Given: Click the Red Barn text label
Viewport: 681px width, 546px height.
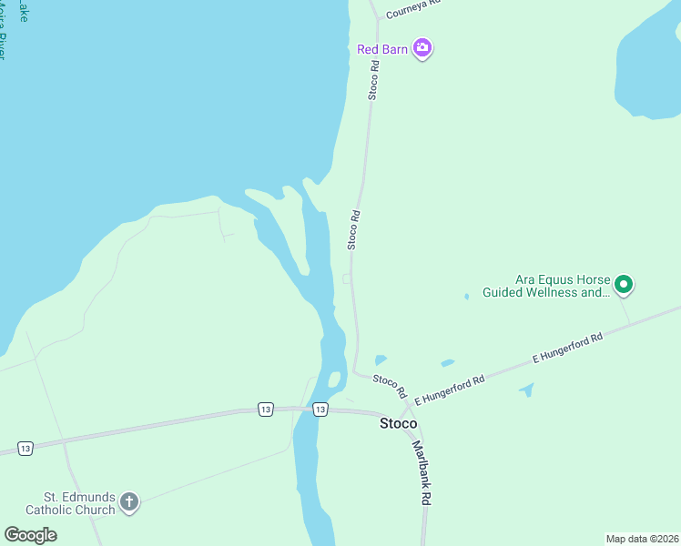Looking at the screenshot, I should [x=382, y=49].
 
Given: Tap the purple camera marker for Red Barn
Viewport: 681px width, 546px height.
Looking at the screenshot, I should [x=422, y=48].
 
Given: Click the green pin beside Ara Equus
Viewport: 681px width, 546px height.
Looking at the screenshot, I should [x=624, y=286].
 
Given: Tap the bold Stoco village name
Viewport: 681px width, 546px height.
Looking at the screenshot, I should [x=399, y=423].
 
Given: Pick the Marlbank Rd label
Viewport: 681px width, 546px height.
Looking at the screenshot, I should [x=421, y=473].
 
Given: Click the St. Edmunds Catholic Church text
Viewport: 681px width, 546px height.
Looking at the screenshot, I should [x=80, y=503].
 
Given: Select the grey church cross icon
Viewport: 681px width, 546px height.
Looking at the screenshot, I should [x=129, y=502].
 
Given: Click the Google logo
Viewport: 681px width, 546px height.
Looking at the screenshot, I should [x=30, y=535].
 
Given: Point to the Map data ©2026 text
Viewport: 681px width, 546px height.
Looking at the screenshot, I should [x=643, y=539].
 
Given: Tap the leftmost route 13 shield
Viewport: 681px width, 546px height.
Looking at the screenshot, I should [x=25, y=449].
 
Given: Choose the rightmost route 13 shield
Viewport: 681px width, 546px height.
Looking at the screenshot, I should [x=320, y=409].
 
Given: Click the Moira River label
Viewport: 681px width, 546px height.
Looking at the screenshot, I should [x=3, y=36].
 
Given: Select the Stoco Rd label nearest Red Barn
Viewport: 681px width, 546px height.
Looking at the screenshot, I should [x=373, y=82].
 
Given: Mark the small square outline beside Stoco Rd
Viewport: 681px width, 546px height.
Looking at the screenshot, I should [x=347, y=278].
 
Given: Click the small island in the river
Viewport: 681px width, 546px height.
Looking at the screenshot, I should [x=334, y=379].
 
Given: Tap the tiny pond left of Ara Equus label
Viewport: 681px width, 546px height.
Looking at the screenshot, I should [x=466, y=296].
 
